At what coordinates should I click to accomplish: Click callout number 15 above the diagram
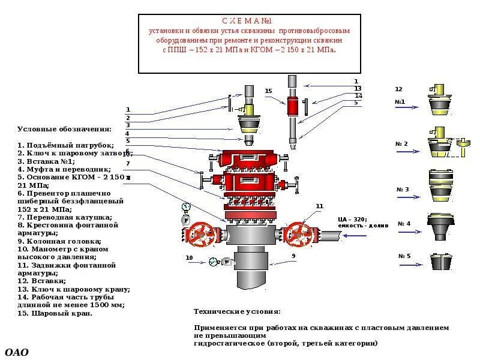(268, 91)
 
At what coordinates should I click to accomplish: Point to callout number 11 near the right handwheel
(319, 206)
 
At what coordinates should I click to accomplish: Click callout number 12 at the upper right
(398, 89)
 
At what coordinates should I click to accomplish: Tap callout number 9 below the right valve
(294, 256)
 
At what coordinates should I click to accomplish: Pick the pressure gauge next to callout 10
(214, 262)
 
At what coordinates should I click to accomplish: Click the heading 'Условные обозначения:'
(64, 129)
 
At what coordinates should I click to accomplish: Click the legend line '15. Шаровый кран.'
(55, 313)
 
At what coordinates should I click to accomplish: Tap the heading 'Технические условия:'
(237, 311)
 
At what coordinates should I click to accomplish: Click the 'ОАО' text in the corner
(16, 352)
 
